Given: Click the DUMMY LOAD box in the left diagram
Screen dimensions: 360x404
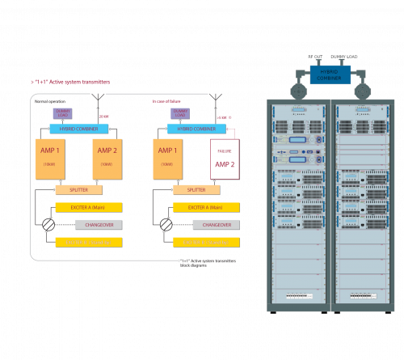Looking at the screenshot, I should point(63,112).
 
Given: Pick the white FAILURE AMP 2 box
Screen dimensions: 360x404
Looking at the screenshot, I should point(225,159).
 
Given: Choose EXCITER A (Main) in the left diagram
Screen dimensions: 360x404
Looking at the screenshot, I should point(88,207).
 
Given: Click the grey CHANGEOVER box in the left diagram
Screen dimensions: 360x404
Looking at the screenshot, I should point(88,224).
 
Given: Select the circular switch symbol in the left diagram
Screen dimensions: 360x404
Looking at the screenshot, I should point(48,224).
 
